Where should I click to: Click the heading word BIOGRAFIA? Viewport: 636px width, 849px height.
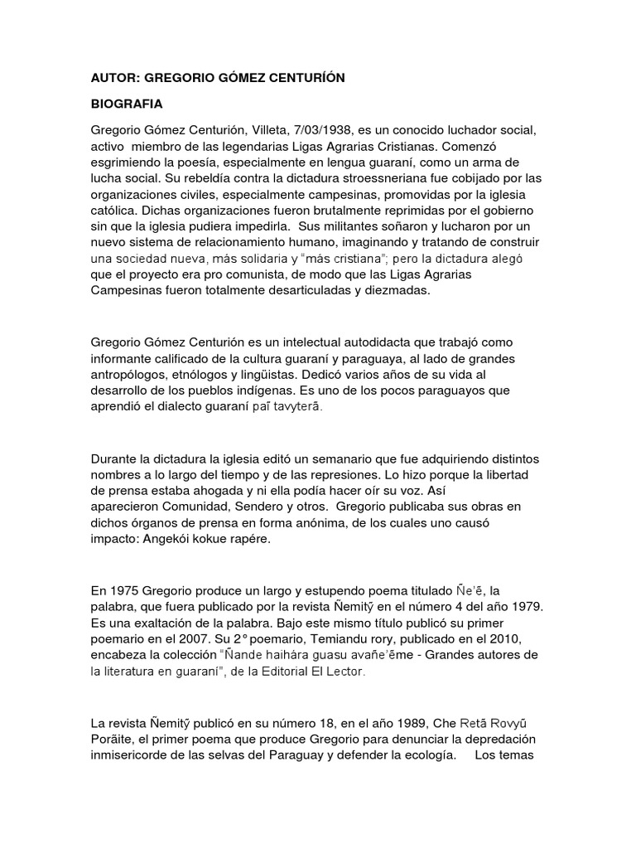(127, 105)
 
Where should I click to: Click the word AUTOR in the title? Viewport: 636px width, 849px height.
(114, 78)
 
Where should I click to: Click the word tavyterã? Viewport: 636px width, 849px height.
(295, 408)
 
